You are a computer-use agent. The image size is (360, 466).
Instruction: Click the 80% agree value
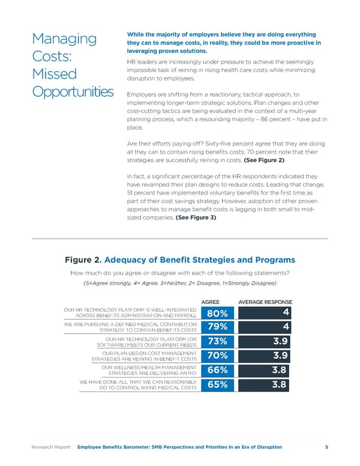point(217,313)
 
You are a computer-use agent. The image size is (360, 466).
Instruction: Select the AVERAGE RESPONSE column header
point(265,301)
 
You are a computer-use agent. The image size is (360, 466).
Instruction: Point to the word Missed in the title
point(55,75)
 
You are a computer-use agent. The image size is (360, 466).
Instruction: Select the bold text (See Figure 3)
point(196,218)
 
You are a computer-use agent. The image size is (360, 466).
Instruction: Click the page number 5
point(326,447)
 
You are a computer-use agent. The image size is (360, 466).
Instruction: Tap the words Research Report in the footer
point(52,447)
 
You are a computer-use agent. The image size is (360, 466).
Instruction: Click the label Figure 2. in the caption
point(83,260)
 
